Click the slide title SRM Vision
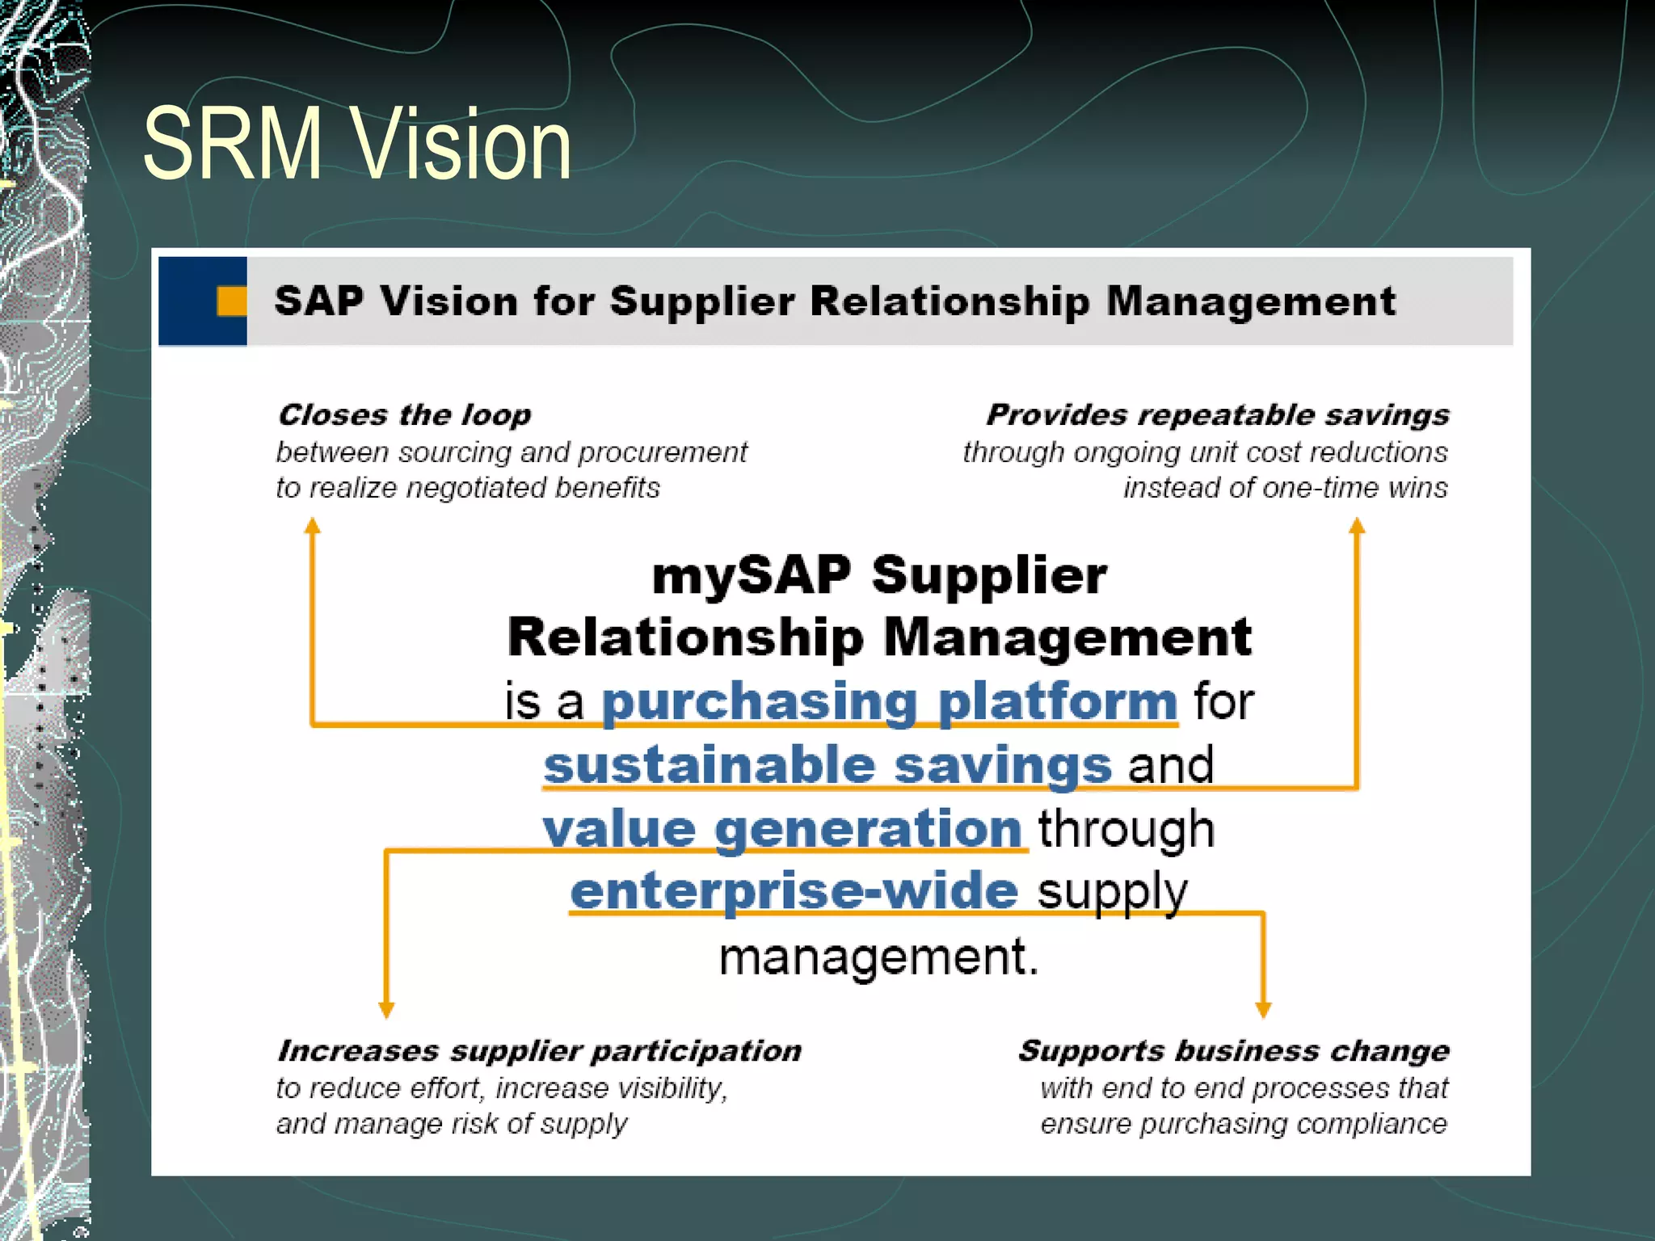pyautogui.click(x=356, y=144)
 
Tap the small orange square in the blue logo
pyautogui.click(x=232, y=301)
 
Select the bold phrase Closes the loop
pyautogui.click(x=404, y=415)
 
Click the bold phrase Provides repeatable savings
pyautogui.click(x=1217, y=415)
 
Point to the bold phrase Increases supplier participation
pyautogui.click(x=539, y=1051)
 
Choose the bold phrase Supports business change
pyautogui.click(x=1233, y=1051)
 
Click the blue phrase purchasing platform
pyautogui.click(x=889, y=701)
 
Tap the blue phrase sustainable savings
pyautogui.click(x=827, y=765)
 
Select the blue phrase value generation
pyautogui.click(x=782, y=829)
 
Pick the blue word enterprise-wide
pyautogui.click(x=794, y=891)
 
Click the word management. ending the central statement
pyautogui.click(x=878, y=957)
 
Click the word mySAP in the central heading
pyautogui.click(x=752, y=576)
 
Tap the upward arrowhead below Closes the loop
pyautogui.click(x=313, y=527)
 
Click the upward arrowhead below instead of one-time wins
pyautogui.click(x=1357, y=527)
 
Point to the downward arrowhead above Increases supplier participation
pyautogui.click(x=386, y=1009)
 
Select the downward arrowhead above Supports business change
pyautogui.click(x=1264, y=1009)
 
